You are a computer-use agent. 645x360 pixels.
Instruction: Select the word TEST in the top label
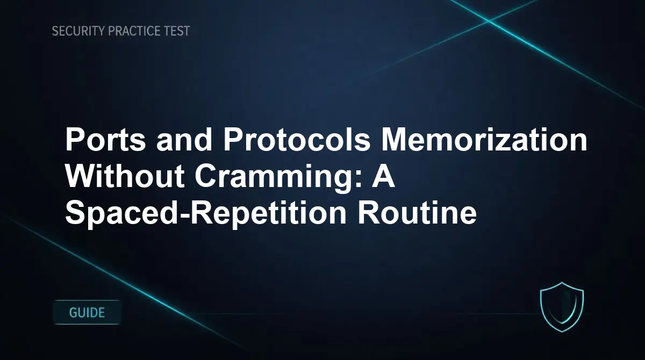(177, 31)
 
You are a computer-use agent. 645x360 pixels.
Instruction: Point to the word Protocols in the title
(297, 141)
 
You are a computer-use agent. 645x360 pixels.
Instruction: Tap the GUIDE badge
(87, 312)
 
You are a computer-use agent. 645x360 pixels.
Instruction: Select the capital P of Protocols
(234, 141)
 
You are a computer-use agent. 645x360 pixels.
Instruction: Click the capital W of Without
(80, 177)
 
